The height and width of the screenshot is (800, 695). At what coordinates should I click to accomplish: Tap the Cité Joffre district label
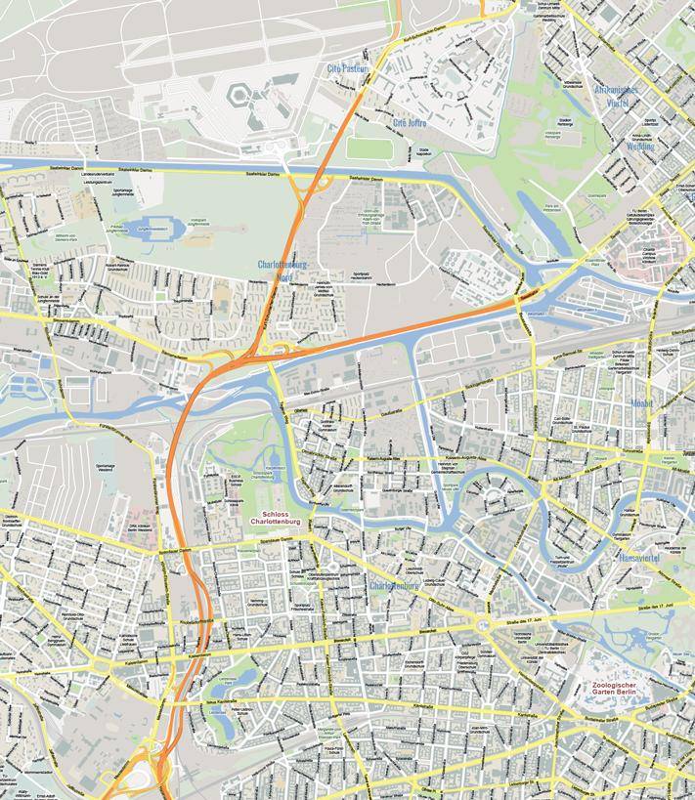point(411,123)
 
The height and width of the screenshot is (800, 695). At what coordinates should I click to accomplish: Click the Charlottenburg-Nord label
point(283,271)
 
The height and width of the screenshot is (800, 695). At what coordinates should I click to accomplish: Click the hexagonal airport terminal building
point(239,95)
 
